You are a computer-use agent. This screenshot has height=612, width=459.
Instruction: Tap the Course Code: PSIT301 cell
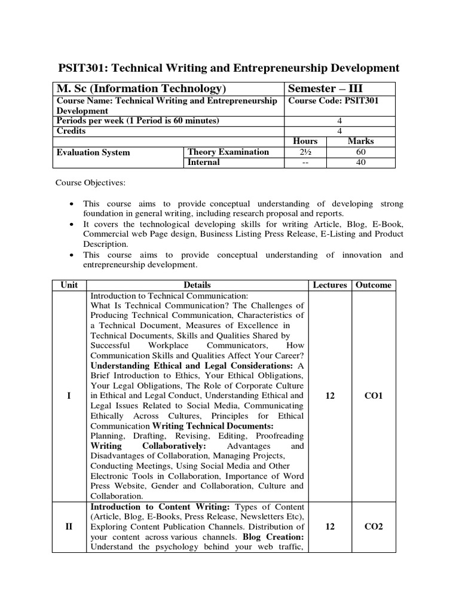333,101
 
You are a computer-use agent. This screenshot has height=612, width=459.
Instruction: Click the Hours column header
305,142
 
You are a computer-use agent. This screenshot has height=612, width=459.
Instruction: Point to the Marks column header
360,142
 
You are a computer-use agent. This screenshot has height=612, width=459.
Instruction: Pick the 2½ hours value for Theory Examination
305,152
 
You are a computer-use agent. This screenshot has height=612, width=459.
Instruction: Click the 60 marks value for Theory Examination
360,152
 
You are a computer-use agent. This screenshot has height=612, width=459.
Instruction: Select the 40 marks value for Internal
360,163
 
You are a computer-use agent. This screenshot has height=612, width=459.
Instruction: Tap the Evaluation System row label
93,152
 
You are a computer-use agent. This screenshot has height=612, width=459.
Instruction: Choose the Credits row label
71,131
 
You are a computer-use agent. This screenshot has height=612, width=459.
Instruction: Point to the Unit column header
69,285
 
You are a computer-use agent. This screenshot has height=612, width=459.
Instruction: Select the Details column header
197,285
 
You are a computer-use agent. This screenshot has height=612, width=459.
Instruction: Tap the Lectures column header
329,285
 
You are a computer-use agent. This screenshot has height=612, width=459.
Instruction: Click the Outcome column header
374,285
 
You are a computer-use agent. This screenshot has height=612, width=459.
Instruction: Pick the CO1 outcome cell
374,396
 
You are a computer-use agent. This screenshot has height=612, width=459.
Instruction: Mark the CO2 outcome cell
374,527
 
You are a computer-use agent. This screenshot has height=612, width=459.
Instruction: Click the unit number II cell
69,527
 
